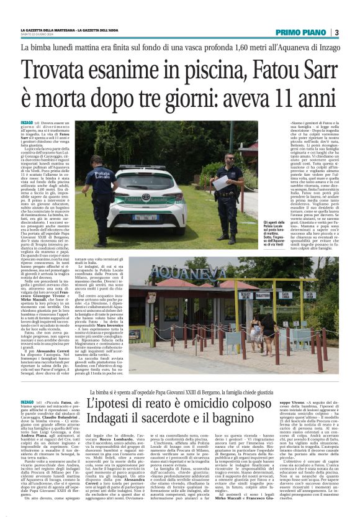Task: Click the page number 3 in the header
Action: tap(336, 32)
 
